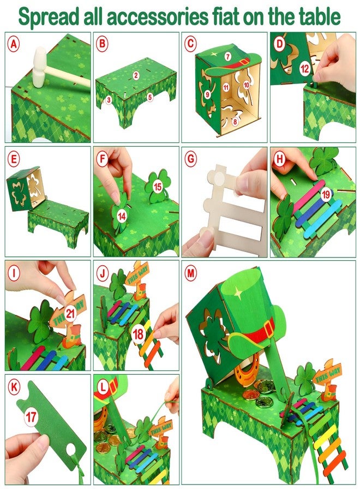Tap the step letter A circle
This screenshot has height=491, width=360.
(13, 44)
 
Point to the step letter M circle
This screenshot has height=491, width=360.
(190, 273)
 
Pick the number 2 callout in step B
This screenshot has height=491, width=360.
(136, 75)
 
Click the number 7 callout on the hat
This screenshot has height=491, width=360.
(228, 56)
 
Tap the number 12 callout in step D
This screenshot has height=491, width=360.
(304, 69)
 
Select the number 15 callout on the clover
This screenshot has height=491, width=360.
(158, 187)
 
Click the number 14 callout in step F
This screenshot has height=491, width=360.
(122, 216)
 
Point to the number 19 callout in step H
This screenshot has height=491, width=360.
(326, 194)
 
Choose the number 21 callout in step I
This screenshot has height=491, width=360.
(70, 314)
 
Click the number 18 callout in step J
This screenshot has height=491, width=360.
(138, 334)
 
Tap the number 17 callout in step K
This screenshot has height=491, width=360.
(31, 417)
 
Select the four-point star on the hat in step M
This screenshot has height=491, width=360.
(238, 293)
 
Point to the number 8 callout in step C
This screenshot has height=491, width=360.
(235, 122)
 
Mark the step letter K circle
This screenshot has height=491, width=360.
(13, 387)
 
